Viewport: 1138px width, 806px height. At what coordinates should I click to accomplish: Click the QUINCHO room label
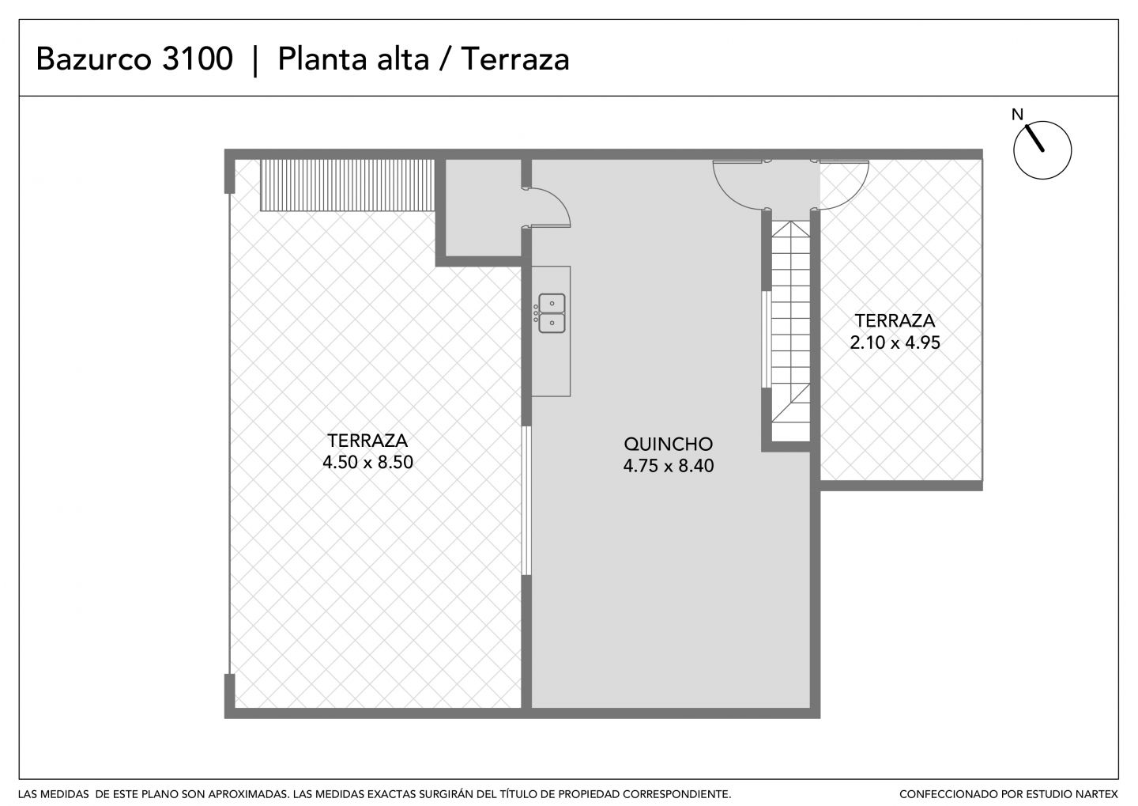click(668, 444)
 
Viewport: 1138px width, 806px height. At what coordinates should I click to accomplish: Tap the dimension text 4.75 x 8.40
click(668, 466)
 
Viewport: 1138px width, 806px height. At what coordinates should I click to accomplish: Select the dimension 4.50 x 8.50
click(367, 462)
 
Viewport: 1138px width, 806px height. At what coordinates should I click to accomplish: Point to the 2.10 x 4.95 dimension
click(895, 342)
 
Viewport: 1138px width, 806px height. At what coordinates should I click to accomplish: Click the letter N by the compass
click(1017, 115)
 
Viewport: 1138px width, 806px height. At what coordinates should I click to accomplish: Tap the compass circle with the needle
click(1042, 150)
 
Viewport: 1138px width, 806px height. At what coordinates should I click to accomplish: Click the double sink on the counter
click(552, 313)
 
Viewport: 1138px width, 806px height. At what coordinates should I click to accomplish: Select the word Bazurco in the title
click(93, 59)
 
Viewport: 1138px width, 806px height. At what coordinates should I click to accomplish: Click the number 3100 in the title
click(197, 59)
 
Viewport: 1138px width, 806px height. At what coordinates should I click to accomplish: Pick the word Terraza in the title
click(515, 59)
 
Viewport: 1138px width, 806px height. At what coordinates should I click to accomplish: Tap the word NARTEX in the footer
click(1097, 794)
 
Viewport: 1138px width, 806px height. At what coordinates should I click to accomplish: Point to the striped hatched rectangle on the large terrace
click(348, 185)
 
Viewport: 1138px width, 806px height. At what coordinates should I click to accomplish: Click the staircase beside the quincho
click(790, 331)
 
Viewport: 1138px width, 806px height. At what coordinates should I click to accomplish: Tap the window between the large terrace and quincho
click(527, 501)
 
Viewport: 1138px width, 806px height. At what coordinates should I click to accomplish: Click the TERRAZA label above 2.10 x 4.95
click(895, 321)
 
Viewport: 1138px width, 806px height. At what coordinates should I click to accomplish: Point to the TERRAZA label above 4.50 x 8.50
click(367, 441)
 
